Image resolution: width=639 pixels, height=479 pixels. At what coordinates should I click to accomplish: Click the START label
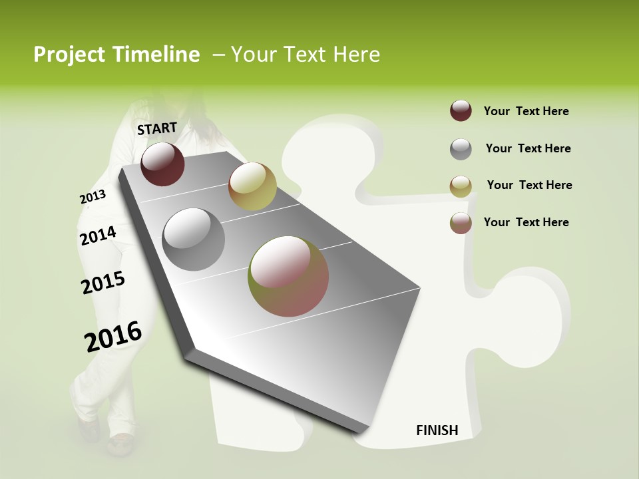(x=157, y=128)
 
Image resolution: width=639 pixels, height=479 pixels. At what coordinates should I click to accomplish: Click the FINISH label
(x=437, y=430)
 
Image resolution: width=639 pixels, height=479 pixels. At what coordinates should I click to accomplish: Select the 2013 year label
(x=93, y=197)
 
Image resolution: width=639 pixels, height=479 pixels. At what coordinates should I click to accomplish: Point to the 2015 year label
(x=103, y=283)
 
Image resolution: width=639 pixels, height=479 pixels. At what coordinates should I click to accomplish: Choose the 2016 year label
(x=113, y=337)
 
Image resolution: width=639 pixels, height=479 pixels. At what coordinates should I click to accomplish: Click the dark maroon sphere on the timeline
(x=162, y=164)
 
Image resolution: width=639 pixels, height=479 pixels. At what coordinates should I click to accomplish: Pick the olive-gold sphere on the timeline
(x=252, y=186)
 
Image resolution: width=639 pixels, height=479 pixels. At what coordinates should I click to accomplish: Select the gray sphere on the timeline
(x=194, y=239)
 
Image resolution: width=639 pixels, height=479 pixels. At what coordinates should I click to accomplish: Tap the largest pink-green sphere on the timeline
(x=288, y=276)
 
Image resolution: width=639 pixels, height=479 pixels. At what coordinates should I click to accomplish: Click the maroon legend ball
(x=461, y=111)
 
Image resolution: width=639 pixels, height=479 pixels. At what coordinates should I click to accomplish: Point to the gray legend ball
(x=461, y=149)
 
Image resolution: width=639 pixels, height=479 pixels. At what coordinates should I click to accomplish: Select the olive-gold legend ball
(x=461, y=186)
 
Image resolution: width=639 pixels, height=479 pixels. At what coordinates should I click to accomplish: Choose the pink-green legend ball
(x=461, y=223)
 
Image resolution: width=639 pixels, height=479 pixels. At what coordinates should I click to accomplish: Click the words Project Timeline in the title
(x=116, y=55)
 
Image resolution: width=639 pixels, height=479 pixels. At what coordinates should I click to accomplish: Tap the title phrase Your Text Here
(x=305, y=55)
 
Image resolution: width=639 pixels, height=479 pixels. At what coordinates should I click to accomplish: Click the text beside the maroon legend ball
(x=526, y=111)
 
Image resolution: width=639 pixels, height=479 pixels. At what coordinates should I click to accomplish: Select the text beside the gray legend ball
(x=528, y=148)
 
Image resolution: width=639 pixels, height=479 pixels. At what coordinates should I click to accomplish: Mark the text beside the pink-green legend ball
(x=526, y=222)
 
